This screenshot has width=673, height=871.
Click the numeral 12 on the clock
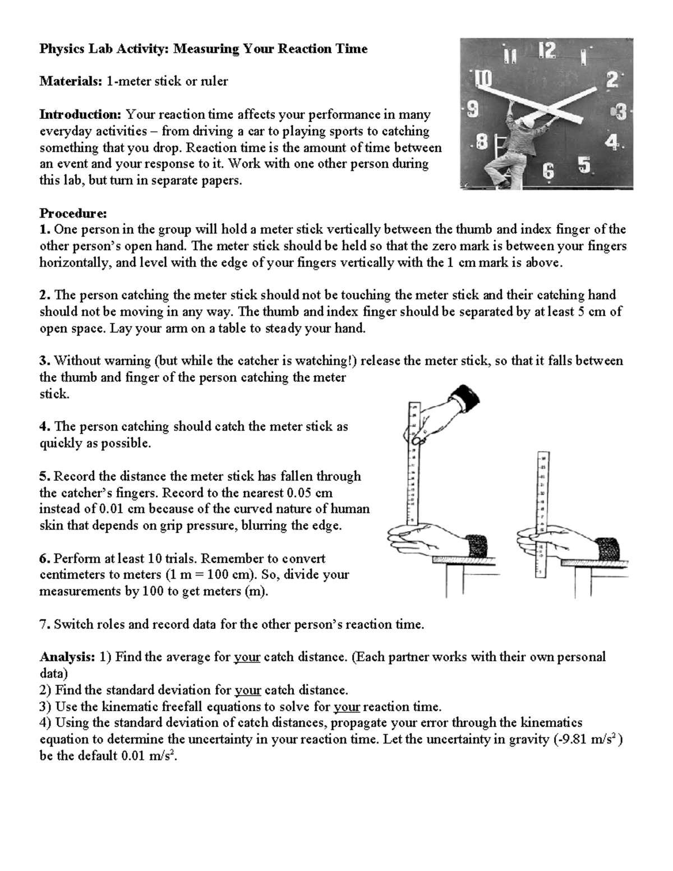coord(547,52)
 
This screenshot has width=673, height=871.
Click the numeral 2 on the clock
coord(612,81)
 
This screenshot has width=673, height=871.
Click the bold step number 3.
coord(44,361)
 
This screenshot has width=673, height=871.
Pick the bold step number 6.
coord(44,559)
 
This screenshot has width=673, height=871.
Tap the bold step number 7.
coord(44,624)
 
